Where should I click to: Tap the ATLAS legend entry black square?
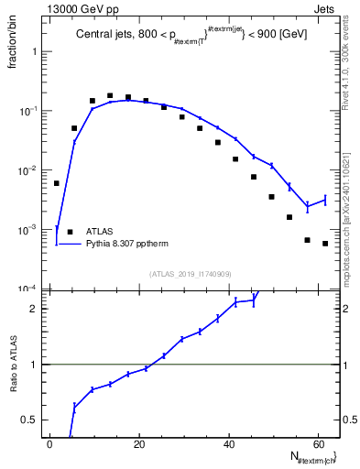click(69, 233)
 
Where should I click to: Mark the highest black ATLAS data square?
click(110, 95)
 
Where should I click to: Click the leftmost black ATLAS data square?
click(57, 183)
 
